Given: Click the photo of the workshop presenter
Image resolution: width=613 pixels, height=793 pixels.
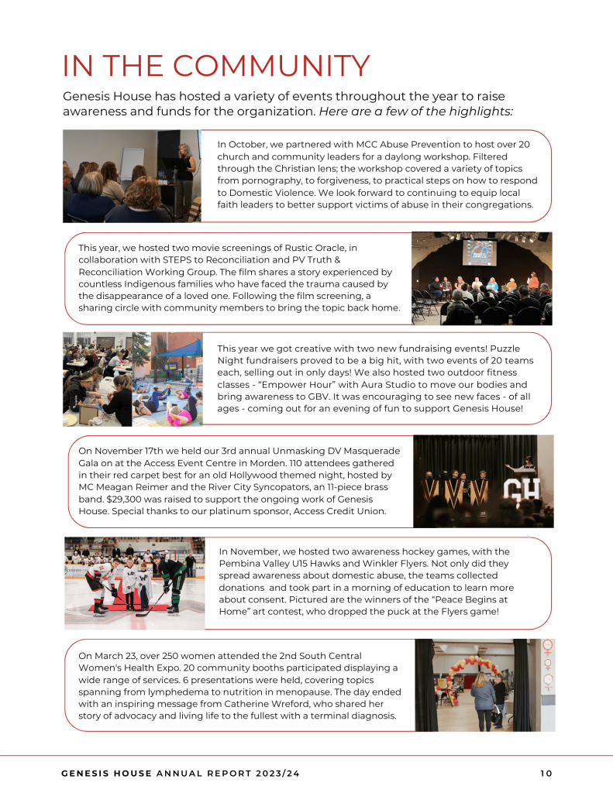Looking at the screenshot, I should tap(132, 176).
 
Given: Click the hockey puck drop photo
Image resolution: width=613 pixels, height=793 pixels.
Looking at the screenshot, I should tap(134, 582).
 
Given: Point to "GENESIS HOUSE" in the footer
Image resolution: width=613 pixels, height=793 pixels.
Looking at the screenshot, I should tap(108, 772).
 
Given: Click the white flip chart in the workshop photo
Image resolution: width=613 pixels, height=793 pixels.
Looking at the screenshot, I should tap(133, 163).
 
